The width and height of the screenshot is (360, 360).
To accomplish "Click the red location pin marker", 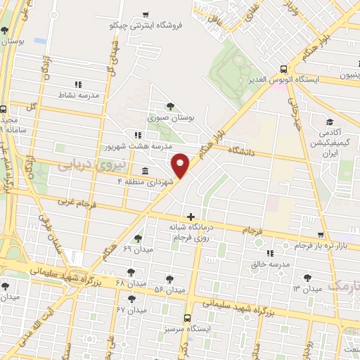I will click(x=181, y=165).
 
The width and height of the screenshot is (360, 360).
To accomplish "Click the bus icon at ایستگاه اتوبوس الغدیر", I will click(x=283, y=69).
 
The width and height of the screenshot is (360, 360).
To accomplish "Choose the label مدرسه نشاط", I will click(x=78, y=94).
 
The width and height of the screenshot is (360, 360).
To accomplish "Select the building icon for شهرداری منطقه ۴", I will click(x=144, y=171).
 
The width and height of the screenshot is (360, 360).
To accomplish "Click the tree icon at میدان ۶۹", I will click(x=137, y=238).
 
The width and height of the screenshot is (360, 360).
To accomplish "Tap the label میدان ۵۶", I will click(x=169, y=290).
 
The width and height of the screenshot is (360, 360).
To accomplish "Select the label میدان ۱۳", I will click(x=307, y=289).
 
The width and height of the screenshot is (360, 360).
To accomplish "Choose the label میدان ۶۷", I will click(x=131, y=309).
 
